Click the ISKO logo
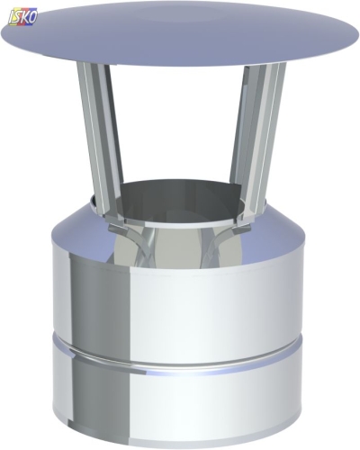pos(23,16)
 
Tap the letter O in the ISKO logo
pos(33,17)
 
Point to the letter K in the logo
pos(25,17)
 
